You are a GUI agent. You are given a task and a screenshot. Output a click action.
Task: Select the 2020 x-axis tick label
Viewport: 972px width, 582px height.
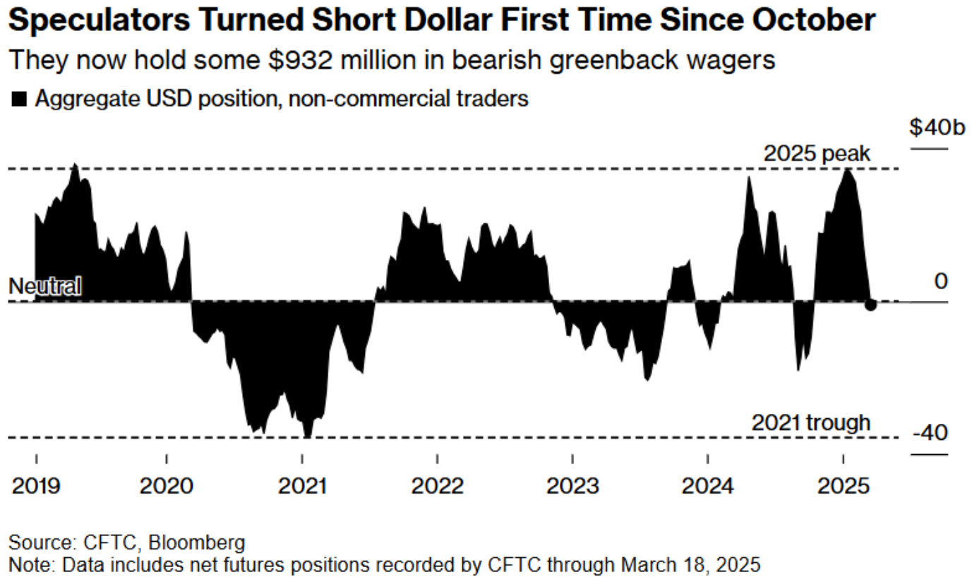[x=167, y=486]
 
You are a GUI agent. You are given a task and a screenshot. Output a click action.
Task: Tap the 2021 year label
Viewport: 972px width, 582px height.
[x=302, y=486]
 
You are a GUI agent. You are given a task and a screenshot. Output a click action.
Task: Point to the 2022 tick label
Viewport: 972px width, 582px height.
[x=438, y=486]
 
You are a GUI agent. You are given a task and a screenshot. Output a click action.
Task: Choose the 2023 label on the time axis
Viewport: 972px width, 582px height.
[x=572, y=486]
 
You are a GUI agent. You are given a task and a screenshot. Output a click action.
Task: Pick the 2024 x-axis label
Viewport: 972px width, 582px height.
[x=708, y=486]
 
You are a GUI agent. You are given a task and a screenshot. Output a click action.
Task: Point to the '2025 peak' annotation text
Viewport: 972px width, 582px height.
[x=817, y=153]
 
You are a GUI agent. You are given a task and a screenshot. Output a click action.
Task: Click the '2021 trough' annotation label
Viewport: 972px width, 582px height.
[x=810, y=422]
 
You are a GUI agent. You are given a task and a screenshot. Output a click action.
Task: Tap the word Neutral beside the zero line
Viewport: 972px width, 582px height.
[x=44, y=286]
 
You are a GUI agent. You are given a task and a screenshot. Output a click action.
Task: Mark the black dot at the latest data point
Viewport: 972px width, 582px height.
[x=870, y=304]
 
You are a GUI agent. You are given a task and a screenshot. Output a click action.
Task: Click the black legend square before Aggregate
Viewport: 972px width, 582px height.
[x=19, y=100]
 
